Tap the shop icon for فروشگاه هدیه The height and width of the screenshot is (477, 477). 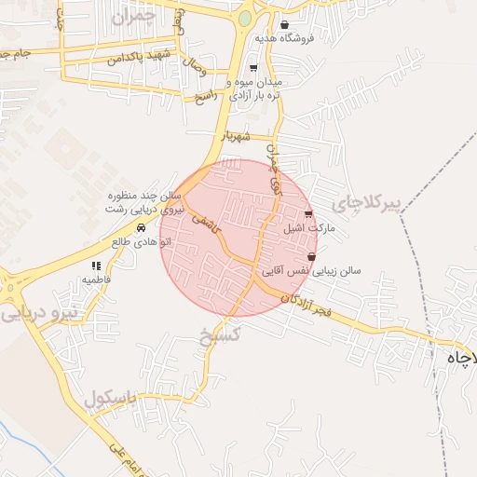[284, 25]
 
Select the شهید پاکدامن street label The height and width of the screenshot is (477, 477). [141, 58]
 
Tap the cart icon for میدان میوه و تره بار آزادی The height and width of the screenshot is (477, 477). [252, 68]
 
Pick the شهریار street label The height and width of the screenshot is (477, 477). [237, 136]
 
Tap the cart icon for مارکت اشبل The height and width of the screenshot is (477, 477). [308, 214]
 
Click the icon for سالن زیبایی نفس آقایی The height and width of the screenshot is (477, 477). [311, 257]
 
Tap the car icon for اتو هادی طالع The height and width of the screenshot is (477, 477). [141, 228]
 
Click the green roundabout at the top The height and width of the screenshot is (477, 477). [244, 18]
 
